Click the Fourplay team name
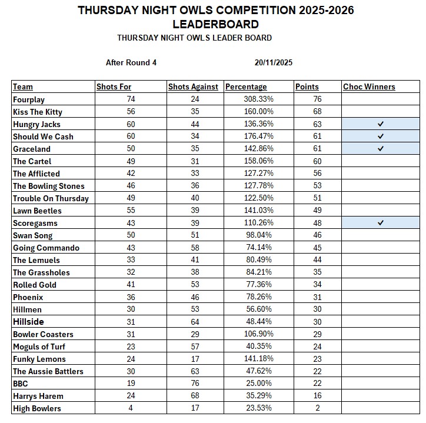point(29,99)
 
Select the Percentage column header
point(246,86)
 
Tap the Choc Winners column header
point(369,86)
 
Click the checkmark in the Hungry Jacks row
point(381,124)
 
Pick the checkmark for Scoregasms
point(381,223)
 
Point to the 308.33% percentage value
point(258,99)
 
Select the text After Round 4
point(131,62)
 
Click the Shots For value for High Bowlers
point(131,408)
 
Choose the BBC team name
point(21,384)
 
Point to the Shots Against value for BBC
point(195,384)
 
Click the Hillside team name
point(29,322)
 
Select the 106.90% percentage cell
point(258,334)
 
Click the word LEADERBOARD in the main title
point(215,24)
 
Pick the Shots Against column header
point(193,86)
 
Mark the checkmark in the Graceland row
point(381,149)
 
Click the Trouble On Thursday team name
point(51,198)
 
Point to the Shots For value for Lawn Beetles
point(131,211)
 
